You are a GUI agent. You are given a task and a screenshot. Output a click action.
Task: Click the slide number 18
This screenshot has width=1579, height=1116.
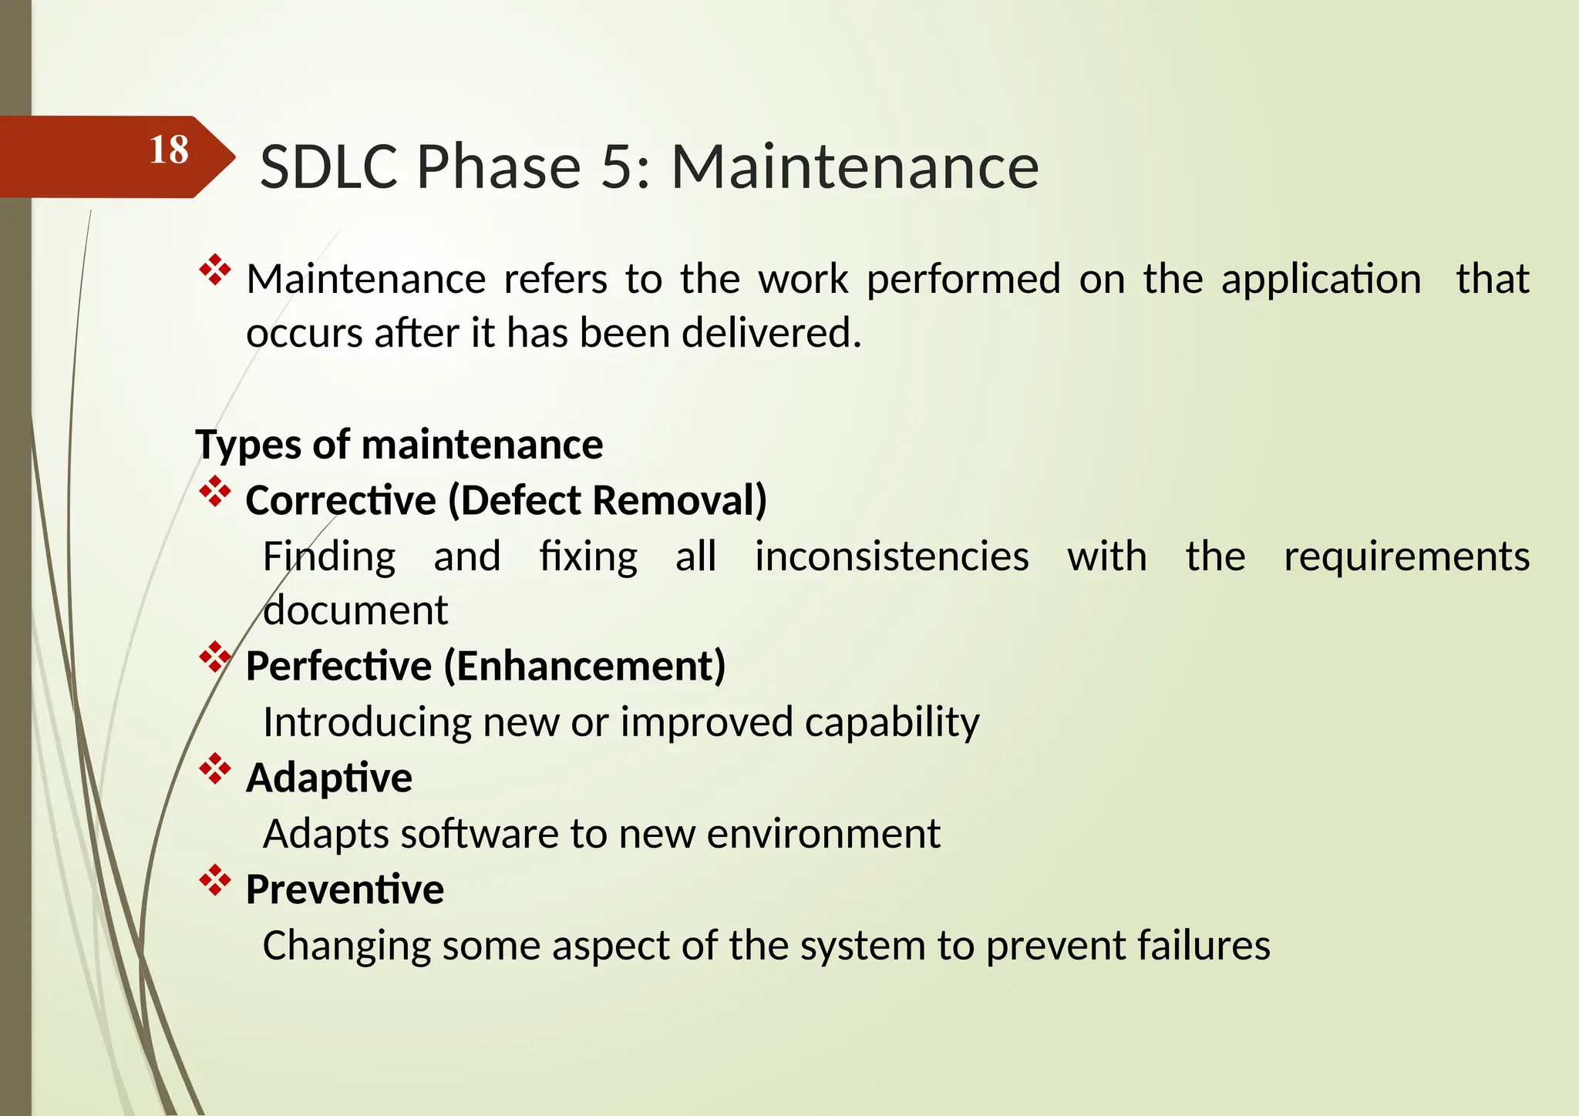pyautogui.click(x=169, y=150)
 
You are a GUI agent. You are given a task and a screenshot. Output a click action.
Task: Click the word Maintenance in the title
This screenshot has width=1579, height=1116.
pyautogui.click(x=854, y=167)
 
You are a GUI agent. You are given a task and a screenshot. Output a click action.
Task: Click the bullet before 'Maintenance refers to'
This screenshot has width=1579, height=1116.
pyautogui.click(x=215, y=271)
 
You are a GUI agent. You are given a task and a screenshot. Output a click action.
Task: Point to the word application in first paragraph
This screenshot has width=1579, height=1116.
pyautogui.click(x=1321, y=280)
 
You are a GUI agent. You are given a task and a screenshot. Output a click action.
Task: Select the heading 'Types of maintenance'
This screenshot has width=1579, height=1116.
pyautogui.click(x=399, y=445)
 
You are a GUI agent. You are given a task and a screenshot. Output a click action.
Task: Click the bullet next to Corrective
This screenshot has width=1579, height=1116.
pyautogui.click(x=215, y=492)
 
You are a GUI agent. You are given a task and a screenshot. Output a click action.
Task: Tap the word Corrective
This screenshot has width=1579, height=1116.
pyautogui.click(x=341, y=500)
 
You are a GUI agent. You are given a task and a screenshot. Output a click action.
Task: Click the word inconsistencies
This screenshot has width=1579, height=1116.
pyautogui.click(x=891, y=556)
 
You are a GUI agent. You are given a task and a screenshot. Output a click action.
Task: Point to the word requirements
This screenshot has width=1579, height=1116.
pyautogui.click(x=1406, y=556)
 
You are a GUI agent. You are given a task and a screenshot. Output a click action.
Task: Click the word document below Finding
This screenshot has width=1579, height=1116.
pyautogui.click(x=355, y=611)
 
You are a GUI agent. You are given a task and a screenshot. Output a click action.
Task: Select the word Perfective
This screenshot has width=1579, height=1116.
pyautogui.click(x=338, y=666)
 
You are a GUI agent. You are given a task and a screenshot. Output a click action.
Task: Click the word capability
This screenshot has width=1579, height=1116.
pyautogui.click(x=891, y=723)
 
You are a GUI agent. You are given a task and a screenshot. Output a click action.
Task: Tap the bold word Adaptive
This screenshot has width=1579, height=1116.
pyautogui.click(x=329, y=778)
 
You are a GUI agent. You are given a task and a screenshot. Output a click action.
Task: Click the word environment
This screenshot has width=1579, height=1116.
pyautogui.click(x=823, y=834)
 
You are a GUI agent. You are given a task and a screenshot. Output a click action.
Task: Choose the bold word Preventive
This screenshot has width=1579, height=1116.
pyautogui.click(x=345, y=889)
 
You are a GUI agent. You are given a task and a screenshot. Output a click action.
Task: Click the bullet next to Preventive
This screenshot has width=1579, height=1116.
pyautogui.click(x=215, y=881)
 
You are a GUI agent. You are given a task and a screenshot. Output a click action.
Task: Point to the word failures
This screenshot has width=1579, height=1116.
pyautogui.click(x=1204, y=946)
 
